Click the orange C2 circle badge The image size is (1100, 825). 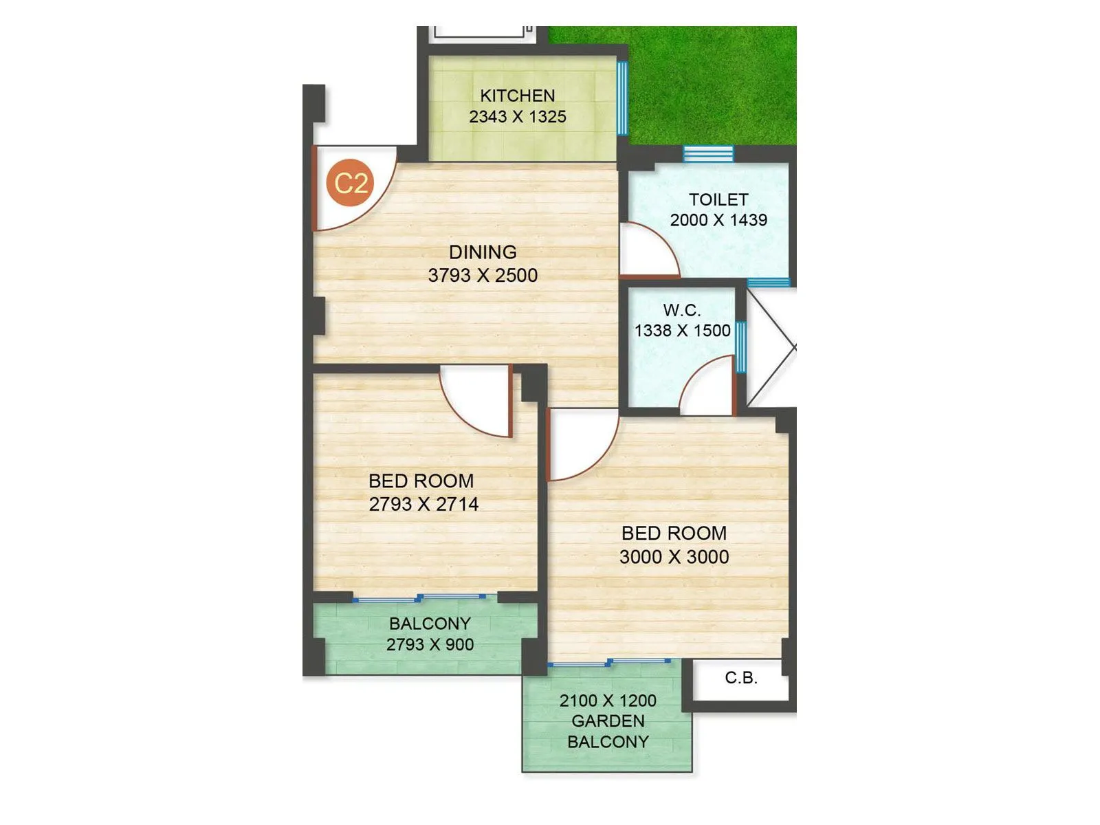(x=351, y=183)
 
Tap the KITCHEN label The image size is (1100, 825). (x=517, y=96)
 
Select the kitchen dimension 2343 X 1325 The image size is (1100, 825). (x=517, y=117)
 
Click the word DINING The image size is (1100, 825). (x=483, y=252)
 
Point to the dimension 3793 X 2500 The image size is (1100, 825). (x=483, y=276)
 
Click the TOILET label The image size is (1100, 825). (x=718, y=199)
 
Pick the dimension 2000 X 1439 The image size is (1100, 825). (x=718, y=220)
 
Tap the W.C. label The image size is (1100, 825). (x=682, y=310)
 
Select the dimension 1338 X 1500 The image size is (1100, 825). (x=682, y=331)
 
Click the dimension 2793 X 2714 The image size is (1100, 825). (x=423, y=505)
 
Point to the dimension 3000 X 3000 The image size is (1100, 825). (x=674, y=557)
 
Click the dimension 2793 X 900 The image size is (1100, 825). (x=430, y=645)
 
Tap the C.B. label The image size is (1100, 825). (x=741, y=679)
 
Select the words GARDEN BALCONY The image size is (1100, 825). (x=608, y=731)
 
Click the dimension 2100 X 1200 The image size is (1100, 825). (x=608, y=701)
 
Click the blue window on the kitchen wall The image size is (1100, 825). (x=622, y=98)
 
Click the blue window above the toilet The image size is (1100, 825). (x=708, y=154)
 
